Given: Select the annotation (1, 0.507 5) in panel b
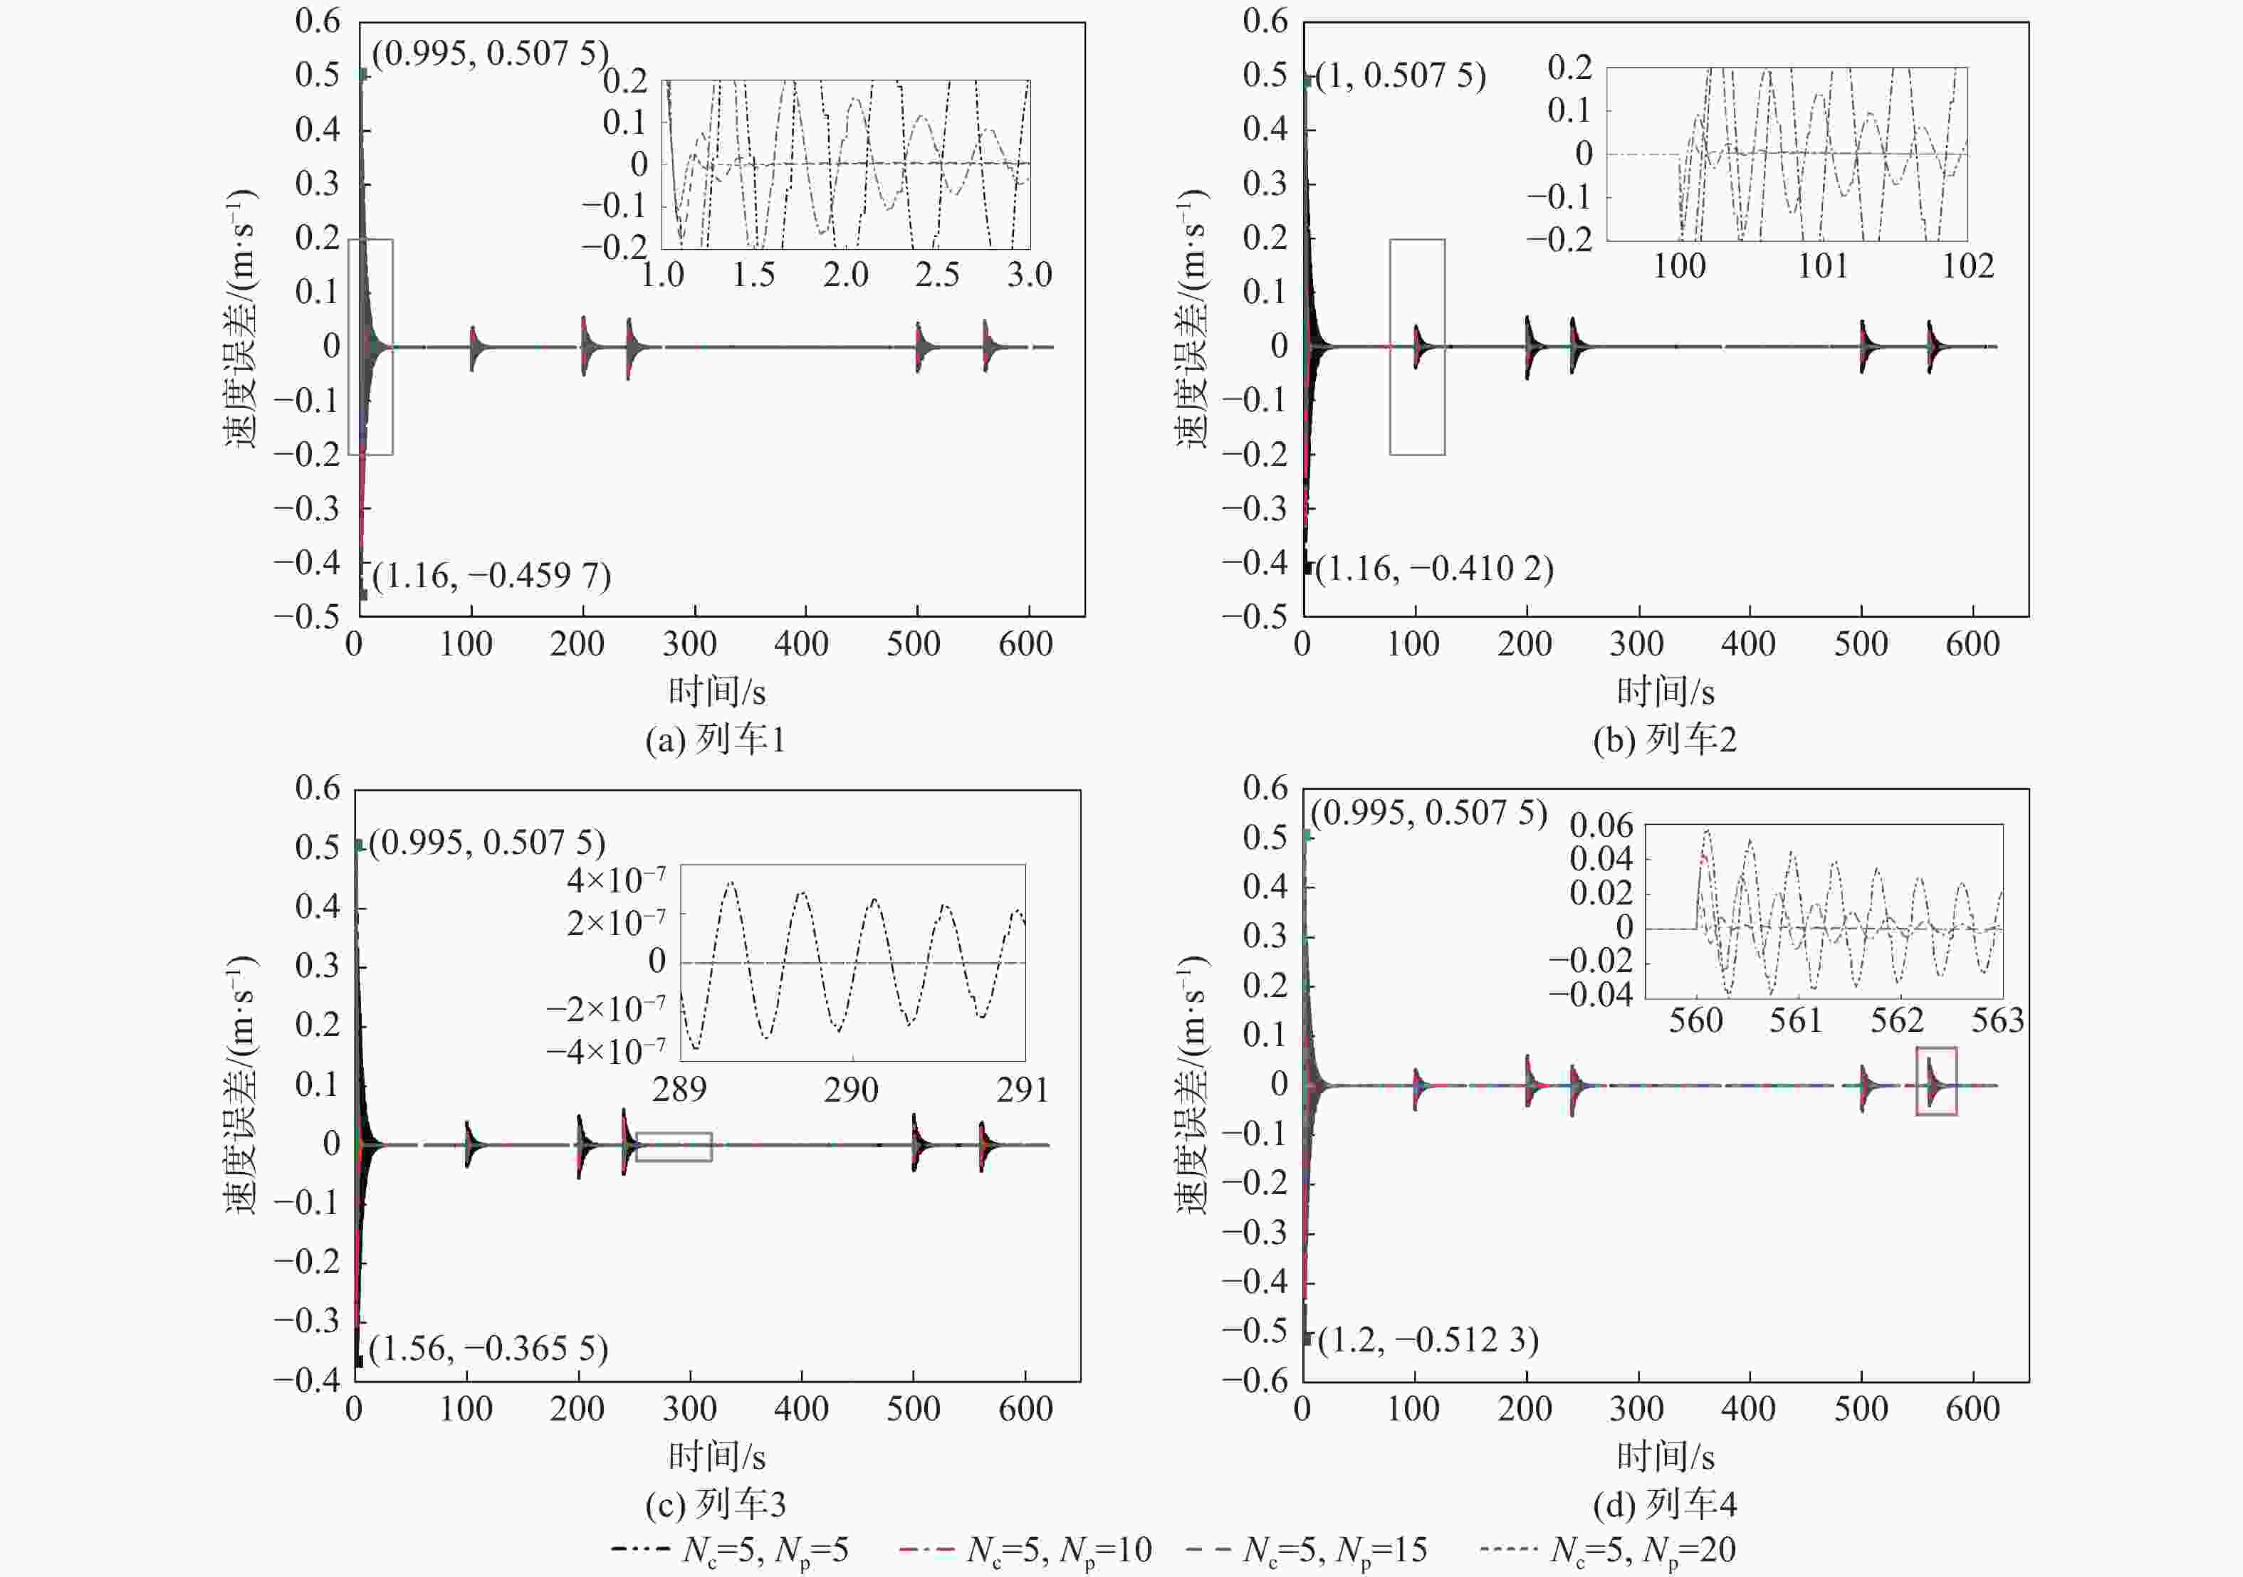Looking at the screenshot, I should pyautogui.click(x=1400, y=75).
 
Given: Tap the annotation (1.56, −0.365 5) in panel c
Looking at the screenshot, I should pyautogui.click(x=488, y=1349).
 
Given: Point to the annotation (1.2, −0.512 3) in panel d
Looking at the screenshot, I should pyautogui.click(x=1427, y=1340).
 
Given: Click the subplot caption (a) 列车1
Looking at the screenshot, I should pyautogui.click(x=715, y=739).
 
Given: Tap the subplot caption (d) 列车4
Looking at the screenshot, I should pyautogui.click(x=1665, y=1504).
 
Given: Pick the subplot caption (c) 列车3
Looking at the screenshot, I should pyautogui.click(x=715, y=1504).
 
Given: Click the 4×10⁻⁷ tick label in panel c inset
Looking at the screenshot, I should pyautogui.click(x=615, y=880).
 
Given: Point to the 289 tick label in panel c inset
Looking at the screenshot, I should pyautogui.click(x=679, y=1089).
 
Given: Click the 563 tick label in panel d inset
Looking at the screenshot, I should pyautogui.click(x=1997, y=1020).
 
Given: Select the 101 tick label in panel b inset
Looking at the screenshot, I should pyautogui.click(x=1823, y=265).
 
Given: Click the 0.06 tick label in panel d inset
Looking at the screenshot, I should pyautogui.click(x=1600, y=825).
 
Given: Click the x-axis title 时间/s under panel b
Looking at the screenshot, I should pyautogui.click(x=1665, y=691).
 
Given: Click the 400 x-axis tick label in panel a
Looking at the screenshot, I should pyautogui.click(x=801, y=643).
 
